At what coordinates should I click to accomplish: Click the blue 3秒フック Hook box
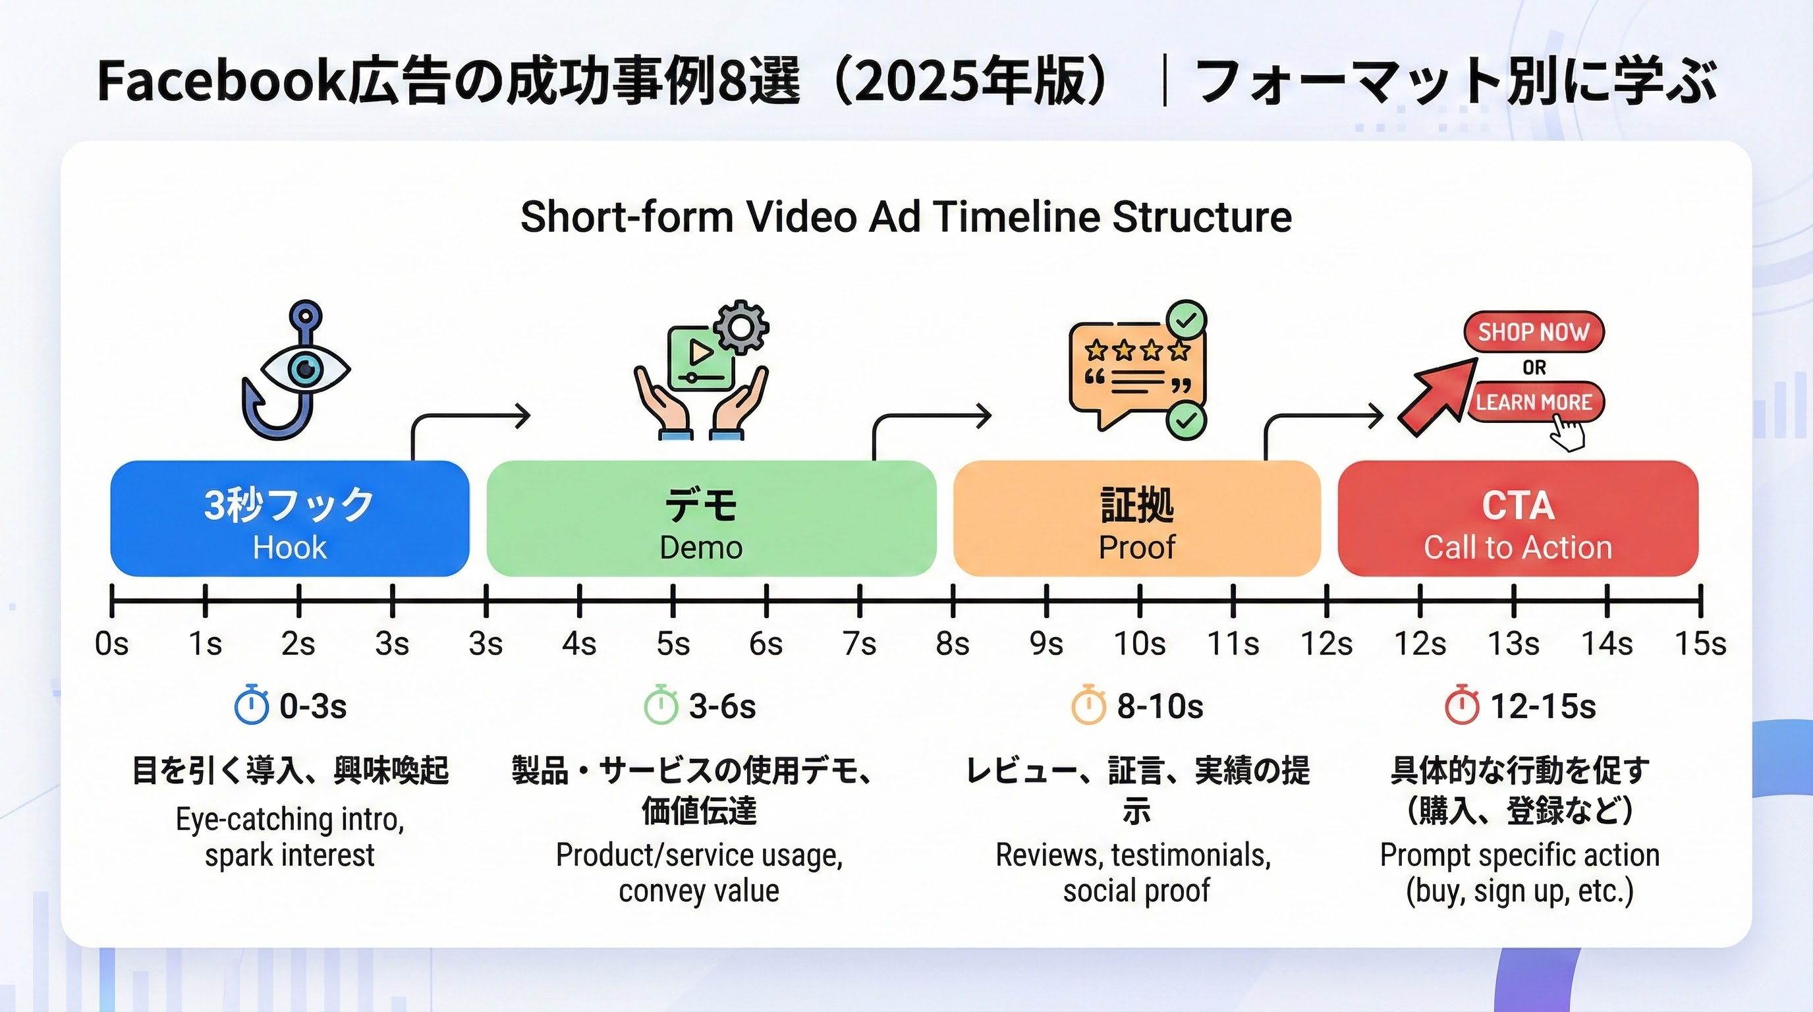coord(289,519)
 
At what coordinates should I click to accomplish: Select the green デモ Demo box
coord(711,519)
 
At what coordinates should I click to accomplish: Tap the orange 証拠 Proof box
coord(1136,519)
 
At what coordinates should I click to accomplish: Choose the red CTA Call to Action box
coord(1517,519)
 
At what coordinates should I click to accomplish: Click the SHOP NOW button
coord(1533,331)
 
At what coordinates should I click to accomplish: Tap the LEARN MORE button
coord(1533,402)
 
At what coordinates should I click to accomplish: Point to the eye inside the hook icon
coord(306,368)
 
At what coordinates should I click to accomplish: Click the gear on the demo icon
coord(740,327)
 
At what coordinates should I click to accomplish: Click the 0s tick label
coord(112,643)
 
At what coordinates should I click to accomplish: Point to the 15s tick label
coord(1700,643)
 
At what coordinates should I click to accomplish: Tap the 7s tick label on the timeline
coord(859,643)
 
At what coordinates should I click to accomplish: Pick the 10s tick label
coord(1139,643)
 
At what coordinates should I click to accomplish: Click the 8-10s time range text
coord(1160,706)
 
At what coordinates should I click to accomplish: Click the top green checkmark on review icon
coord(1186,321)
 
